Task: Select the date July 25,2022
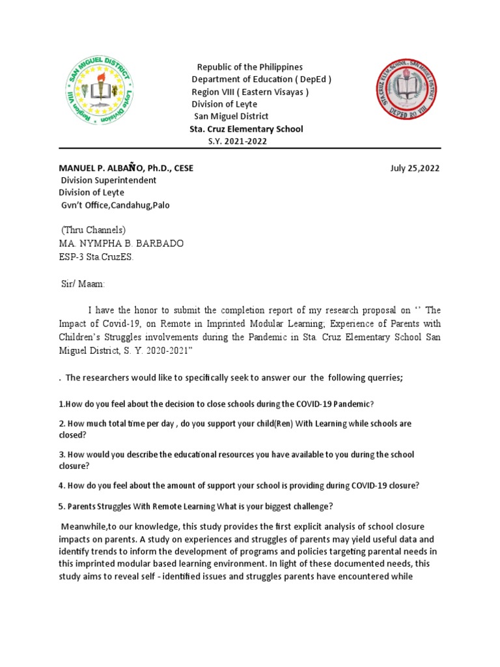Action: coord(415,168)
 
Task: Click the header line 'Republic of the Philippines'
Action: coord(250,68)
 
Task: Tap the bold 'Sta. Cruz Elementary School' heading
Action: coord(246,129)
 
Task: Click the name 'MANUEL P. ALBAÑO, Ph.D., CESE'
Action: coord(126,168)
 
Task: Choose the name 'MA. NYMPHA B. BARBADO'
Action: coord(121,244)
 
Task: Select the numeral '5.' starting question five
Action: coord(62,507)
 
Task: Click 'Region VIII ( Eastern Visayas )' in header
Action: coord(250,92)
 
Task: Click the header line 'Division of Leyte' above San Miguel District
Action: coord(225,104)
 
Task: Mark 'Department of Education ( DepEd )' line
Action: coord(262,79)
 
